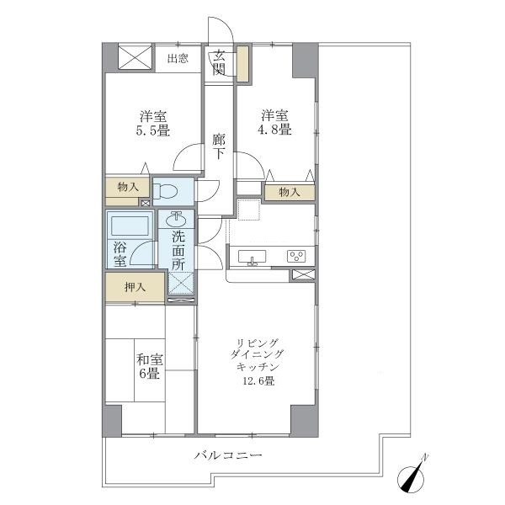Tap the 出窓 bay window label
coord(177,58)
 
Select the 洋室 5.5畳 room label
coord(151,123)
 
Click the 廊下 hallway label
coord(218,147)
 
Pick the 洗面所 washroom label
coord(178,250)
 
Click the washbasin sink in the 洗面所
coord(178,218)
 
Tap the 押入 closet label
coord(136,287)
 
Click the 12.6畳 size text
coord(258,380)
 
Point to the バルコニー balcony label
coord(228,455)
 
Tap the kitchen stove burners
coord(295,256)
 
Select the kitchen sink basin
coord(250,256)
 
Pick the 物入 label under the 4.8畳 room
coord(289,193)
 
